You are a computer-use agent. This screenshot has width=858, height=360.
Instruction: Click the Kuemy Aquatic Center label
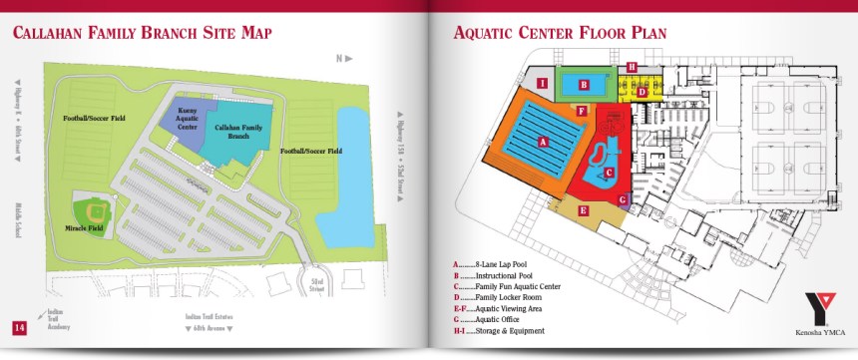click(187, 122)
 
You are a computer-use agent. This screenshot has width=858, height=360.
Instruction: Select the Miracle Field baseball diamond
click(97, 210)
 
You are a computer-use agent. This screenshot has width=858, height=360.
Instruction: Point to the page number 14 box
click(19, 328)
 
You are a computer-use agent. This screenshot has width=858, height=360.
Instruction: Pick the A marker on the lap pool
click(543, 143)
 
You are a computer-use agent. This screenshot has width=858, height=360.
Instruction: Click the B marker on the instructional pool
click(583, 85)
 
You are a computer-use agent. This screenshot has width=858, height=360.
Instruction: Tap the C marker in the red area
click(609, 172)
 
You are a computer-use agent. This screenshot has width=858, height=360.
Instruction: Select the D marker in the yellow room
click(643, 92)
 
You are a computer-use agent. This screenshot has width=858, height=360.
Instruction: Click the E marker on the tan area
click(584, 210)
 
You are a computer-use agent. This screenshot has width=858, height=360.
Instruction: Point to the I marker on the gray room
click(541, 83)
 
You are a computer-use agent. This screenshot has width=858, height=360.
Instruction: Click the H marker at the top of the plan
click(633, 67)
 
